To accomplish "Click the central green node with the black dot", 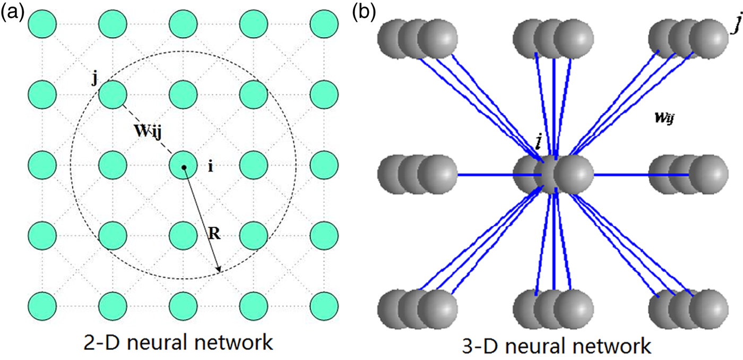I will (x=183, y=167).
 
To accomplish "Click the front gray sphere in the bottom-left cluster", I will (x=437, y=307).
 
